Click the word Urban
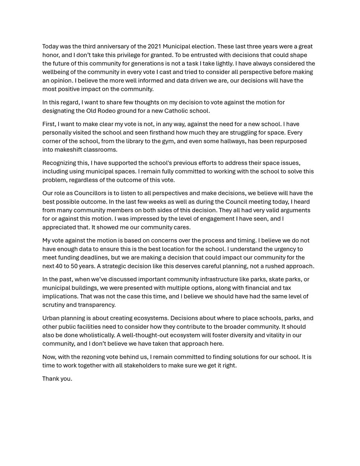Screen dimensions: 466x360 (51, 318)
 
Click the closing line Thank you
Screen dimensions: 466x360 (57, 379)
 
